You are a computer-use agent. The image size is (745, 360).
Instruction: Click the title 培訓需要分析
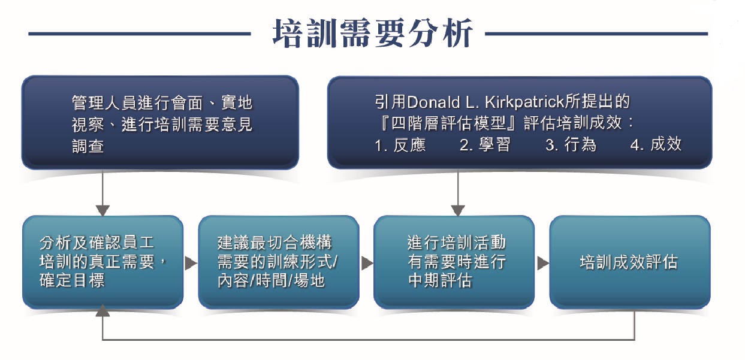(x=373, y=33)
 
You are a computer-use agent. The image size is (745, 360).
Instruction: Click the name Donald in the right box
(x=433, y=102)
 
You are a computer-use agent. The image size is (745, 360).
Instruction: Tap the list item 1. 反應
(x=400, y=145)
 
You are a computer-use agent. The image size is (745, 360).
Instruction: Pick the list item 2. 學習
(x=485, y=145)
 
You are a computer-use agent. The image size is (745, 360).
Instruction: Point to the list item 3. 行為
(x=571, y=145)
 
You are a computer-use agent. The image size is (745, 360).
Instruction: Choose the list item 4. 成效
(x=656, y=145)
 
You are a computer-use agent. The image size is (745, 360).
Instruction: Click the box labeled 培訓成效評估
(x=630, y=262)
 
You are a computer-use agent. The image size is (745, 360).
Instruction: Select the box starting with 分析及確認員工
(x=102, y=262)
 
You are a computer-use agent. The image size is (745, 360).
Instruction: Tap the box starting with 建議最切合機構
(x=279, y=262)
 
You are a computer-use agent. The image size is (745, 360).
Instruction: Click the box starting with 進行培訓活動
(x=454, y=262)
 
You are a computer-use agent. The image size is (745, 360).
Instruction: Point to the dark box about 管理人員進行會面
(x=160, y=122)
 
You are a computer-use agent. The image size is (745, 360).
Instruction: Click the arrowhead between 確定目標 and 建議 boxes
(x=191, y=263)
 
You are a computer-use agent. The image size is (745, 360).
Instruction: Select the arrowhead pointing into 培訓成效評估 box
(x=543, y=263)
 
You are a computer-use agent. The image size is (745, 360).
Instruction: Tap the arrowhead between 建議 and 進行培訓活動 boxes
(x=367, y=263)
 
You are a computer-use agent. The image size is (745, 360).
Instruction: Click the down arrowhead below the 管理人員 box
(x=102, y=210)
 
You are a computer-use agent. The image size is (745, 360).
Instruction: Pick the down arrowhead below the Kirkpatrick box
(x=458, y=210)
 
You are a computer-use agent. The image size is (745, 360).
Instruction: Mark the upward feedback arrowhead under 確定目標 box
(x=102, y=310)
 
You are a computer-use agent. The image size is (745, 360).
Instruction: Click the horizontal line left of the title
(x=140, y=34)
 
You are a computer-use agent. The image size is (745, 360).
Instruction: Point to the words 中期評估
(x=440, y=280)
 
